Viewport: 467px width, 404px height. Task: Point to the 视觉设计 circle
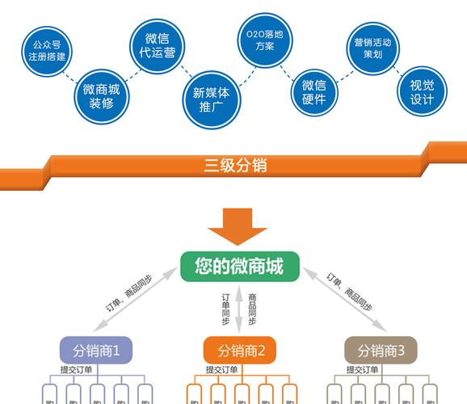point(422,92)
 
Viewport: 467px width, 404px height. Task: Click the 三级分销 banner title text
point(234,167)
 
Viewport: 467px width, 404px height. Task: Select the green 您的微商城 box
point(239,266)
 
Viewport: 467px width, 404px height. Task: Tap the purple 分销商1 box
point(96,351)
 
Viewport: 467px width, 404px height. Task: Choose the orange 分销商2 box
point(239,351)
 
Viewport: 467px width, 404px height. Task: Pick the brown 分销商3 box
point(380,351)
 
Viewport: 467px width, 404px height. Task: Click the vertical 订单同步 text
point(226,308)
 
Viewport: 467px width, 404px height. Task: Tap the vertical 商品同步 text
point(252,308)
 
